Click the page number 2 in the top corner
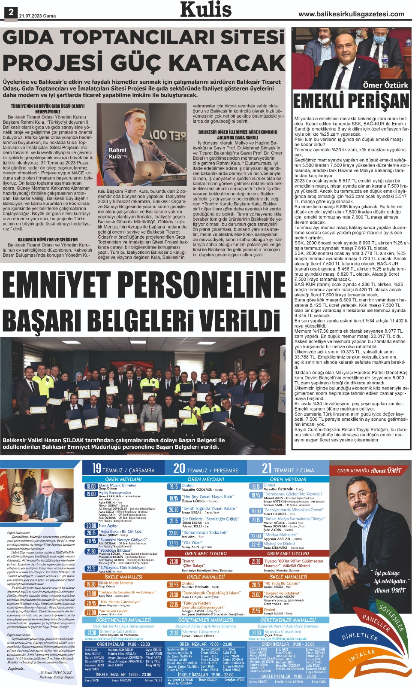[x=10, y=12]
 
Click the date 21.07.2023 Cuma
[x=38, y=16]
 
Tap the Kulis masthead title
[x=206, y=10]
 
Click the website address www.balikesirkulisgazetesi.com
[x=352, y=14]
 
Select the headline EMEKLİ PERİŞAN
[x=351, y=101]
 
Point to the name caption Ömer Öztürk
[x=385, y=85]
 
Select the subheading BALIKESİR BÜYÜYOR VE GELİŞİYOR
[x=48, y=240]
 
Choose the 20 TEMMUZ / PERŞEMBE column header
[x=206, y=468]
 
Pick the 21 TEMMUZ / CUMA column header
[x=288, y=468]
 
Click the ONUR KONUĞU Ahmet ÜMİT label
[x=370, y=471]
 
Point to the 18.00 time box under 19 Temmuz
[x=91, y=486]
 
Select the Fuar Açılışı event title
[x=108, y=526]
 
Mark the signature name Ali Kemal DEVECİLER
[x=55, y=673]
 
